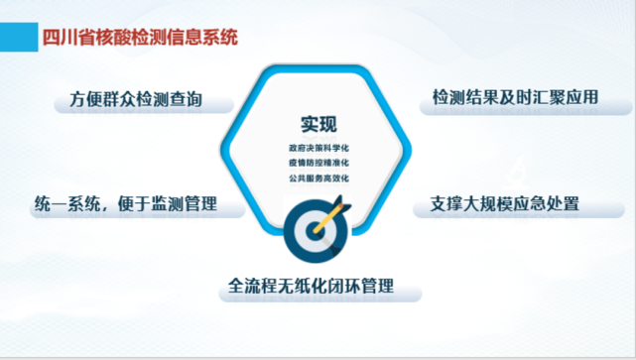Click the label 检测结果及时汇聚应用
(x=515, y=98)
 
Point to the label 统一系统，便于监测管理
(x=125, y=205)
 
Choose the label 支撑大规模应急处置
(x=505, y=205)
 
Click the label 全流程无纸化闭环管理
(x=311, y=289)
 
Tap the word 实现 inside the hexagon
(x=318, y=125)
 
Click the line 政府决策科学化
(x=318, y=147)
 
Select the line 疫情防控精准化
(x=318, y=162)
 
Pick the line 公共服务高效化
(x=318, y=178)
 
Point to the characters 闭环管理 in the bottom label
(x=359, y=289)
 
